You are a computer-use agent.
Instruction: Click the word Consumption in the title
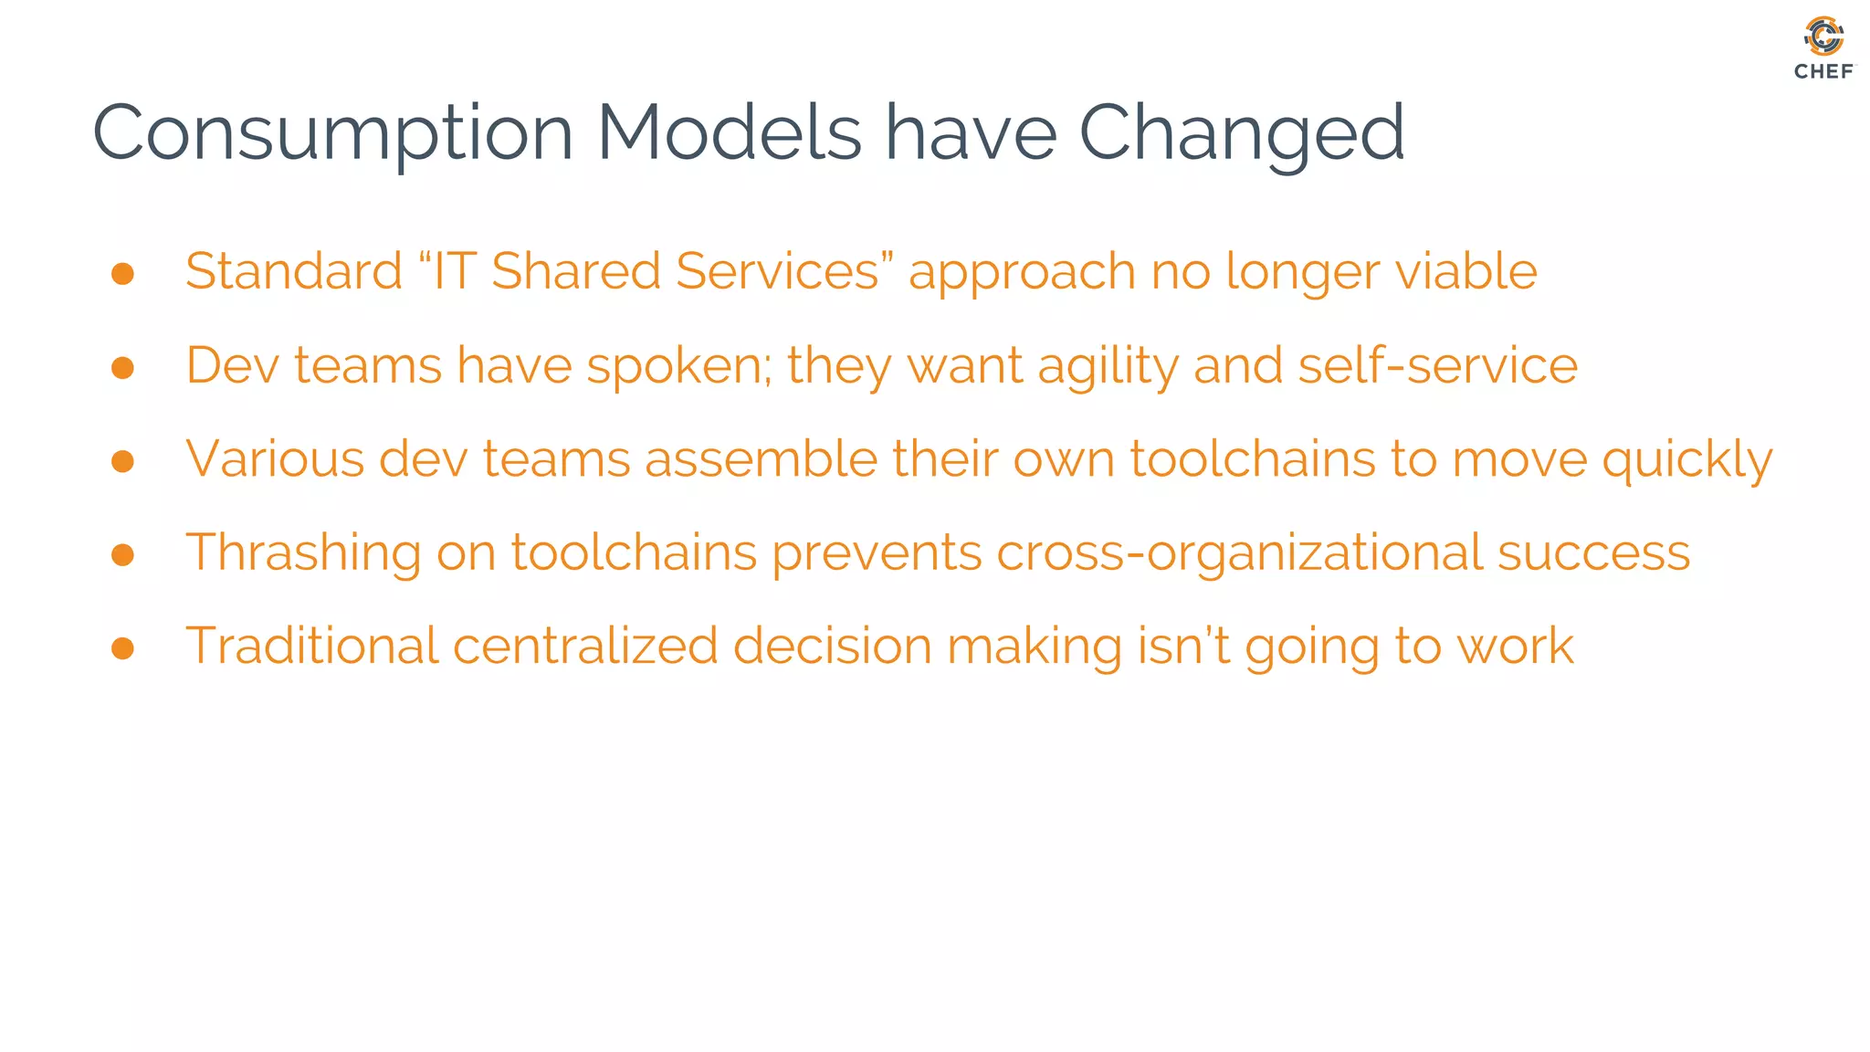coord(332,133)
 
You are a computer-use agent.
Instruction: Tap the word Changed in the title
coord(1241,133)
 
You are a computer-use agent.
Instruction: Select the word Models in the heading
coord(729,133)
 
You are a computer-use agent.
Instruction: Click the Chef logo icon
coord(1823,37)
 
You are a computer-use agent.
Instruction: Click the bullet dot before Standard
coord(122,274)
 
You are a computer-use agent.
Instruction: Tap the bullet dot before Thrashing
coord(122,554)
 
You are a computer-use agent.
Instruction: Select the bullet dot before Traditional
coord(122,648)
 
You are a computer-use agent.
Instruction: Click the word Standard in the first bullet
coord(293,271)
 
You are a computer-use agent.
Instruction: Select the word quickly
coord(1686,460)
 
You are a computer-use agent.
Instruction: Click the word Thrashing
coord(303,553)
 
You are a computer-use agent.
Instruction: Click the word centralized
coord(585,647)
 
